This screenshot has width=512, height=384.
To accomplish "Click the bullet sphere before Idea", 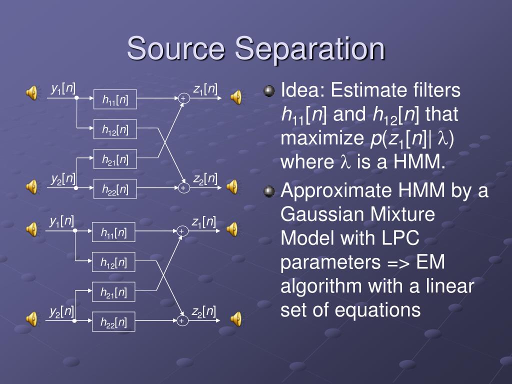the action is [269, 91].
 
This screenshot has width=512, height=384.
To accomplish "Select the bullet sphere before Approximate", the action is [269, 191].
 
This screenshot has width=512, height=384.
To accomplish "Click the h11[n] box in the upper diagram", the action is [115, 100].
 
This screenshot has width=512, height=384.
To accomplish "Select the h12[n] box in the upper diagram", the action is [115, 130].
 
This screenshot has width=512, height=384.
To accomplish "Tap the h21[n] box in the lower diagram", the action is [113, 292].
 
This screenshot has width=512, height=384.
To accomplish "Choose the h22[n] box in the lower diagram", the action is [113, 323].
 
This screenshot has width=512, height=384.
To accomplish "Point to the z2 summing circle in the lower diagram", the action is [181, 320].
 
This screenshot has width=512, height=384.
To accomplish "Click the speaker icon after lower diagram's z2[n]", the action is [235, 318].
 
